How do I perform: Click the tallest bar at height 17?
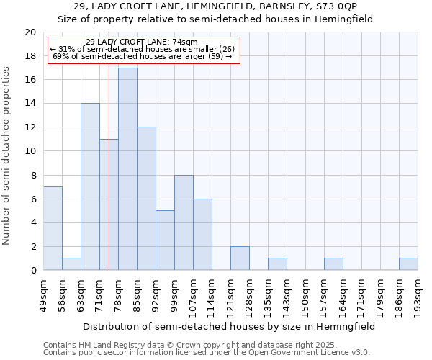pyautogui.click(x=127, y=169)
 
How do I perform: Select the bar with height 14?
pyautogui.click(x=90, y=187)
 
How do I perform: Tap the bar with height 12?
pyautogui.click(x=146, y=199)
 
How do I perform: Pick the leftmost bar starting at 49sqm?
pyautogui.click(x=53, y=228)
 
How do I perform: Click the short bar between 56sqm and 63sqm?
pyautogui.click(x=71, y=264)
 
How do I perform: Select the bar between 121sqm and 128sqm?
pyautogui.click(x=240, y=258)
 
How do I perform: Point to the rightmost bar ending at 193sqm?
pyautogui.click(x=408, y=264)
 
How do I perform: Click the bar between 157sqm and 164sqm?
pyautogui.click(x=333, y=264)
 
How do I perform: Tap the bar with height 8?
pyautogui.click(x=184, y=222)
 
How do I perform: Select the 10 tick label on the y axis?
pyautogui.click(x=30, y=151)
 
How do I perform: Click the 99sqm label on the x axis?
pyautogui.click(x=174, y=294)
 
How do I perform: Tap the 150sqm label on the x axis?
pyautogui.click(x=305, y=294)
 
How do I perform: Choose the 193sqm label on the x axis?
pyautogui.click(x=418, y=294)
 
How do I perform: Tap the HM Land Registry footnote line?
pyautogui.click(x=194, y=344)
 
